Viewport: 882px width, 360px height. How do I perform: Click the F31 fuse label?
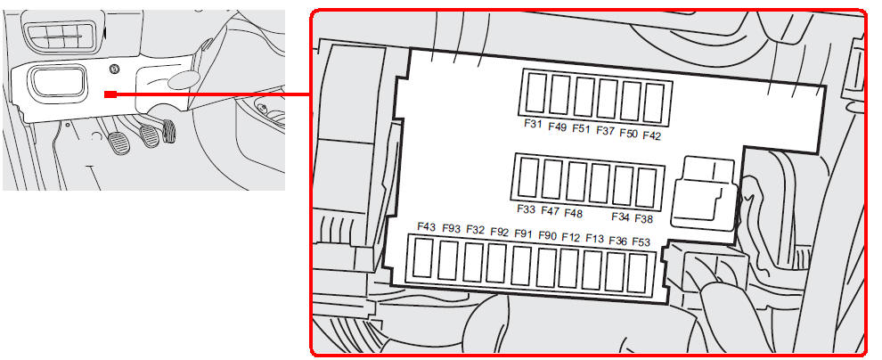pyautogui.click(x=532, y=123)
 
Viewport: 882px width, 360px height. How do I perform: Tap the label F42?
pyautogui.click(x=651, y=135)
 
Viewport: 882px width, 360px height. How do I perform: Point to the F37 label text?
pyautogui.click(x=605, y=130)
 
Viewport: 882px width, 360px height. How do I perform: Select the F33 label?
pyautogui.click(x=526, y=209)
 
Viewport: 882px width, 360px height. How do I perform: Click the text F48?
pyautogui.click(x=573, y=213)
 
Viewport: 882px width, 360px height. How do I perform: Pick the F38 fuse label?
pyautogui.click(x=643, y=218)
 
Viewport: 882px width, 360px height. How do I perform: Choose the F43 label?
pyautogui.click(x=427, y=226)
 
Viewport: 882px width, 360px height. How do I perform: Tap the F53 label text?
pyautogui.click(x=641, y=241)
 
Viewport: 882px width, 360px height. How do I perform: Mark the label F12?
pyautogui.click(x=570, y=237)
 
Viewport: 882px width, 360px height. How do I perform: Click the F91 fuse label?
pyautogui.click(x=523, y=233)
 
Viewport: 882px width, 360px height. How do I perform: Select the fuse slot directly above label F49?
pyautogui.click(x=559, y=95)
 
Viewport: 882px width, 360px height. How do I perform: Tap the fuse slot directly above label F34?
pyautogui.click(x=623, y=185)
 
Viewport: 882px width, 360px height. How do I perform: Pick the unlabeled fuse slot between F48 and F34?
pyautogui.click(x=599, y=184)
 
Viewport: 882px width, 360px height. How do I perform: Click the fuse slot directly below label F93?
pyautogui.click(x=448, y=260)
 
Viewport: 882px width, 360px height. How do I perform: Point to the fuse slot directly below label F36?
pyautogui.click(x=615, y=272)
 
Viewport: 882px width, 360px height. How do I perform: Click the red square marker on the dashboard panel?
pyautogui.click(x=110, y=94)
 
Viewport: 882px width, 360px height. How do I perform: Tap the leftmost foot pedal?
pyautogui.click(x=118, y=142)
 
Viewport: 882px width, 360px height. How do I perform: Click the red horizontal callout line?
pyautogui.click(x=213, y=94)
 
